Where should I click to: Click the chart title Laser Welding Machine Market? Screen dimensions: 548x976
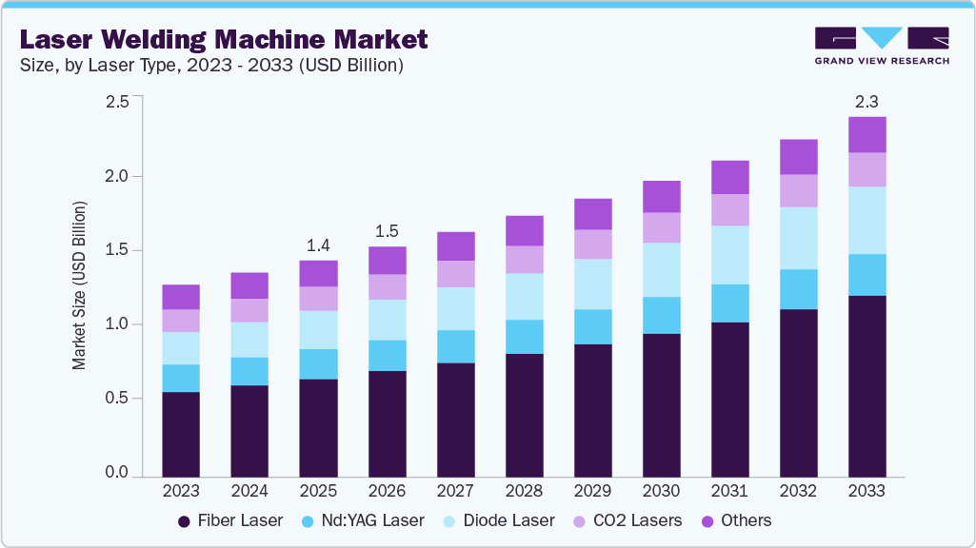tap(224, 40)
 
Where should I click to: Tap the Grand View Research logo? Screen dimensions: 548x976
tap(882, 46)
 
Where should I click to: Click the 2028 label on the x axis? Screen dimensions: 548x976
tap(524, 492)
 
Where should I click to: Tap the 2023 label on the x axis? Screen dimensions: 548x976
tap(181, 492)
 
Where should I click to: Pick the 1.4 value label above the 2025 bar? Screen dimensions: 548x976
tap(318, 244)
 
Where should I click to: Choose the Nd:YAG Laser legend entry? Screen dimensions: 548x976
tap(366, 520)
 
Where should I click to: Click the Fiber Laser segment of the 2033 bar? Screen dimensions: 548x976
tap(866, 385)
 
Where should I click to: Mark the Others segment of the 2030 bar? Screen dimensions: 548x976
tap(661, 196)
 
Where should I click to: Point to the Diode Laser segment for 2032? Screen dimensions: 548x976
tap(798, 238)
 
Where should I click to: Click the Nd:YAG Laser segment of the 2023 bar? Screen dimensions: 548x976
tap(181, 378)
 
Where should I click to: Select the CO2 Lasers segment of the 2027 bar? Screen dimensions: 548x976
tap(455, 274)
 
